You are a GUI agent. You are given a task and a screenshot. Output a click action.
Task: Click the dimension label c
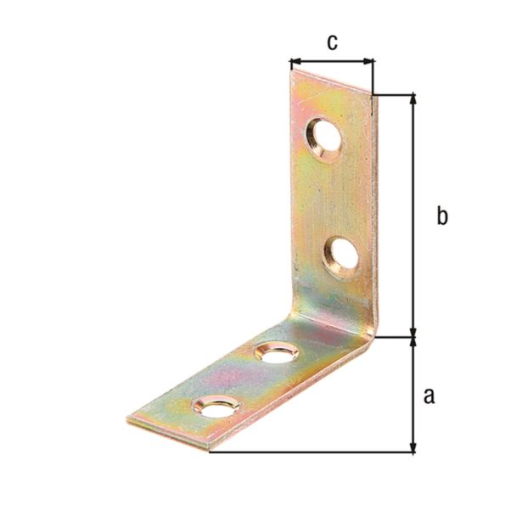pos(332,42)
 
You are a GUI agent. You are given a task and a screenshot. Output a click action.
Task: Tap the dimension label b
pos(441,216)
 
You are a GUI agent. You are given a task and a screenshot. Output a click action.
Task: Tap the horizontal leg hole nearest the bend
pos(272,351)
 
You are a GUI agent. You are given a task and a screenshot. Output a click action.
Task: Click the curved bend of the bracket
pos(361,331)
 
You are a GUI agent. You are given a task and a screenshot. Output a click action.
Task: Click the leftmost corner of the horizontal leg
pos(129,418)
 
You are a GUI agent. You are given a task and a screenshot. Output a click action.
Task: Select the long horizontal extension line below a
pos(314,452)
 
